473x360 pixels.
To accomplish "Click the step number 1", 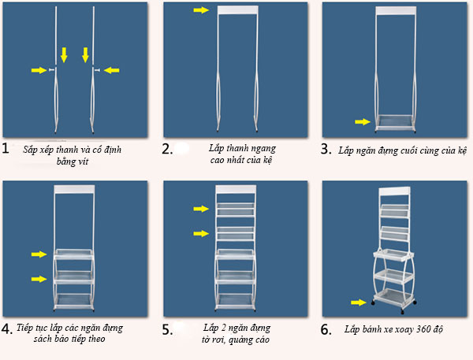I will [6, 148].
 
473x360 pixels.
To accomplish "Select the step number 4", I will [7, 328].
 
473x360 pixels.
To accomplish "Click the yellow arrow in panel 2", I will [201, 10].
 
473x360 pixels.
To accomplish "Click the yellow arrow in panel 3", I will [363, 121].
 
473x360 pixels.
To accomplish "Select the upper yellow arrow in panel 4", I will [39, 254].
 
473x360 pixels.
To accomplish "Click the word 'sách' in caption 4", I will [41, 340].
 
